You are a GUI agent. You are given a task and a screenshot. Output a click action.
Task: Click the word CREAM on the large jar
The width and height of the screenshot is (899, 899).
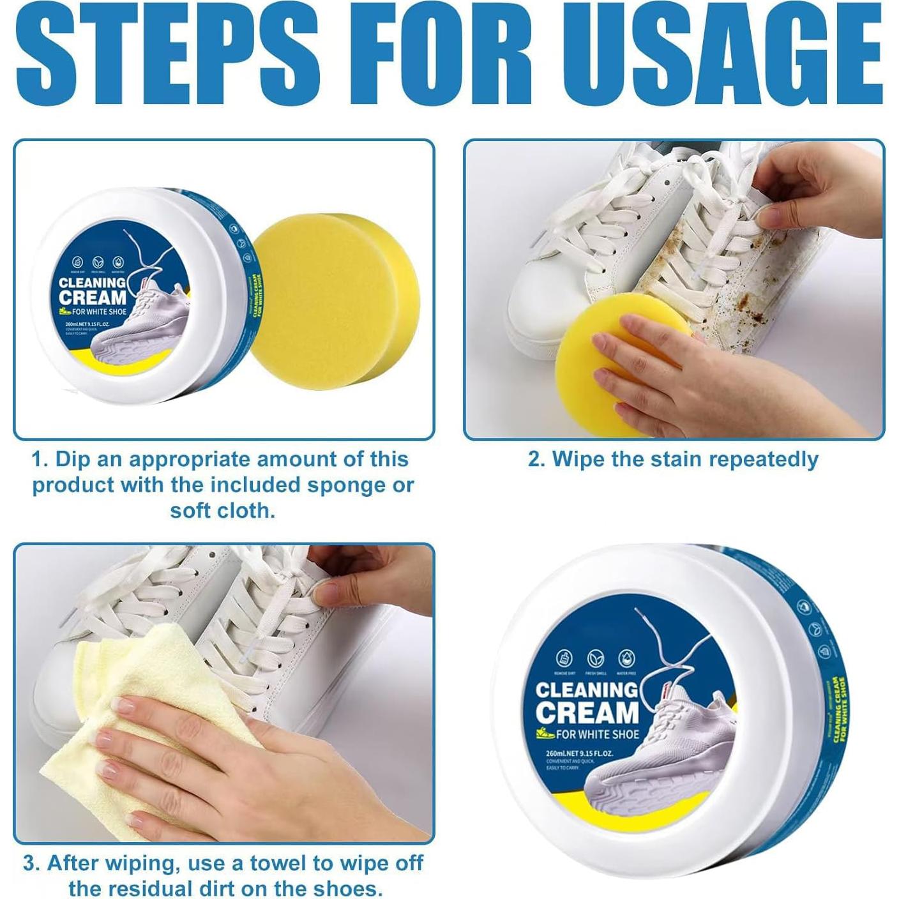(x=587, y=713)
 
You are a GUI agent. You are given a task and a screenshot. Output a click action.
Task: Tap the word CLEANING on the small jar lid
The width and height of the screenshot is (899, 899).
(x=93, y=282)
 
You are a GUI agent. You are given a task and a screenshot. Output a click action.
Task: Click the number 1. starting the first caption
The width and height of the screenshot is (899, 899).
(x=40, y=459)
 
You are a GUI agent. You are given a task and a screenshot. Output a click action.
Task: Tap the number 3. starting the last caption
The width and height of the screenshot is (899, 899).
(x=32, y=863)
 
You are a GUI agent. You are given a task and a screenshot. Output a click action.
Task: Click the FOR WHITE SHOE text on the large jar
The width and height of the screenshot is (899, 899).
(x=597, y=734)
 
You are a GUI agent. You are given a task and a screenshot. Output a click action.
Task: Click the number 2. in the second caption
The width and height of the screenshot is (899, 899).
(x=536, y=459)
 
